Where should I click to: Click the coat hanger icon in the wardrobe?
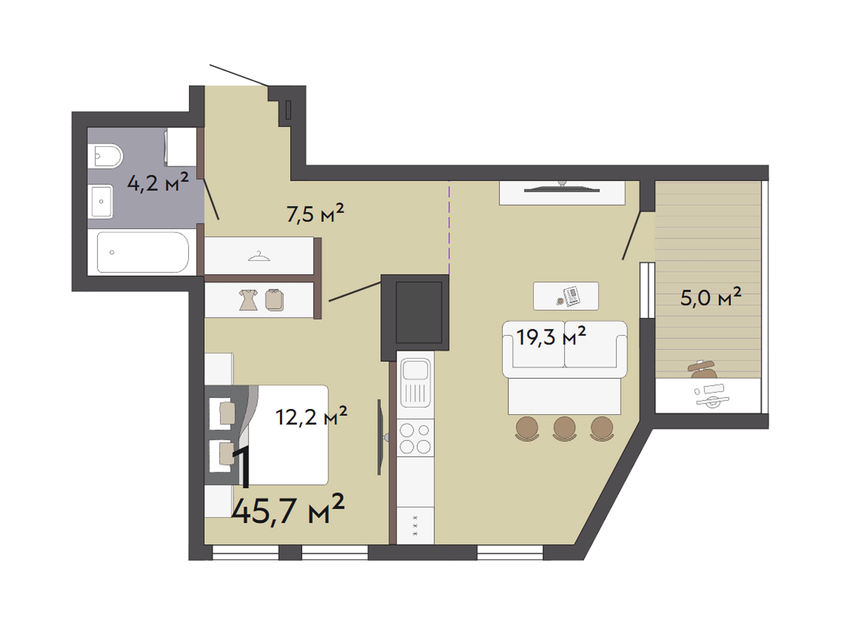(x=259, y=256)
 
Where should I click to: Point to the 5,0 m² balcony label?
(x=711, y=297)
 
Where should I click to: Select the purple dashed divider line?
(x=449, y=227)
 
